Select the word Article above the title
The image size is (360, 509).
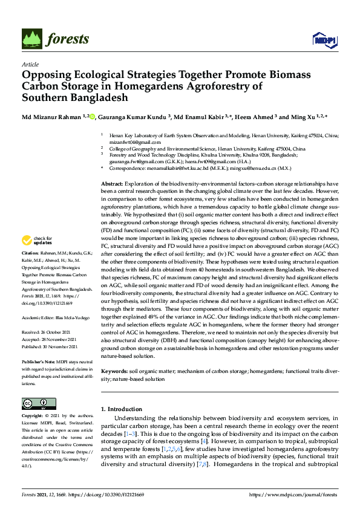(29, 64)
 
